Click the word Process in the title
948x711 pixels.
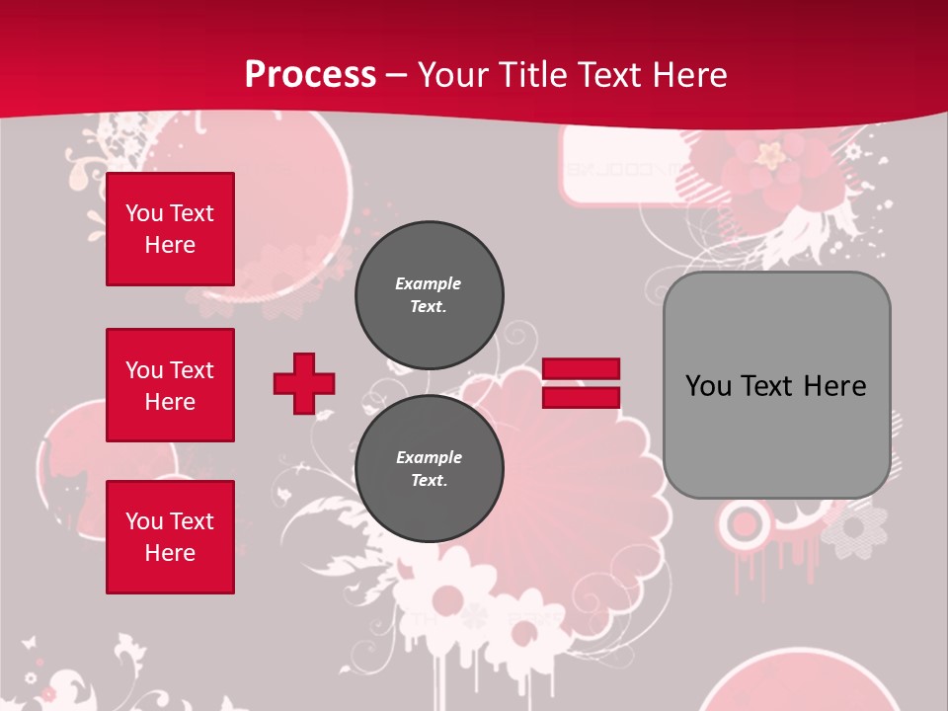[310, 75]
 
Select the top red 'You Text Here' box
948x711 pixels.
[170, 229]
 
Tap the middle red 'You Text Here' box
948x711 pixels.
[170, 385]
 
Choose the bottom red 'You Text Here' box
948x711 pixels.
[170, 537]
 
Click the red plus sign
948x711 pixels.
[304, 383]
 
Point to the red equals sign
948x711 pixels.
[581, 383]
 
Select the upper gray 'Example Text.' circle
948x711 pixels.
[430, 295]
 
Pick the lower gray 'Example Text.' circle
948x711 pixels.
[430, 469]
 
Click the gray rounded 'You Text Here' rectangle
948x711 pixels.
[777, 385]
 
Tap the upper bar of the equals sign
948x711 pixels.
[581, 369]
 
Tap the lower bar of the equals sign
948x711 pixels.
[581, 397]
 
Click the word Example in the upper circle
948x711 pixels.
[428, 283]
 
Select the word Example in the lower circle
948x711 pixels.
[429, 457]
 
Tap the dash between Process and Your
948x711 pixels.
[397, 76]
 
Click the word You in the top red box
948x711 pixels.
[144, 213]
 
